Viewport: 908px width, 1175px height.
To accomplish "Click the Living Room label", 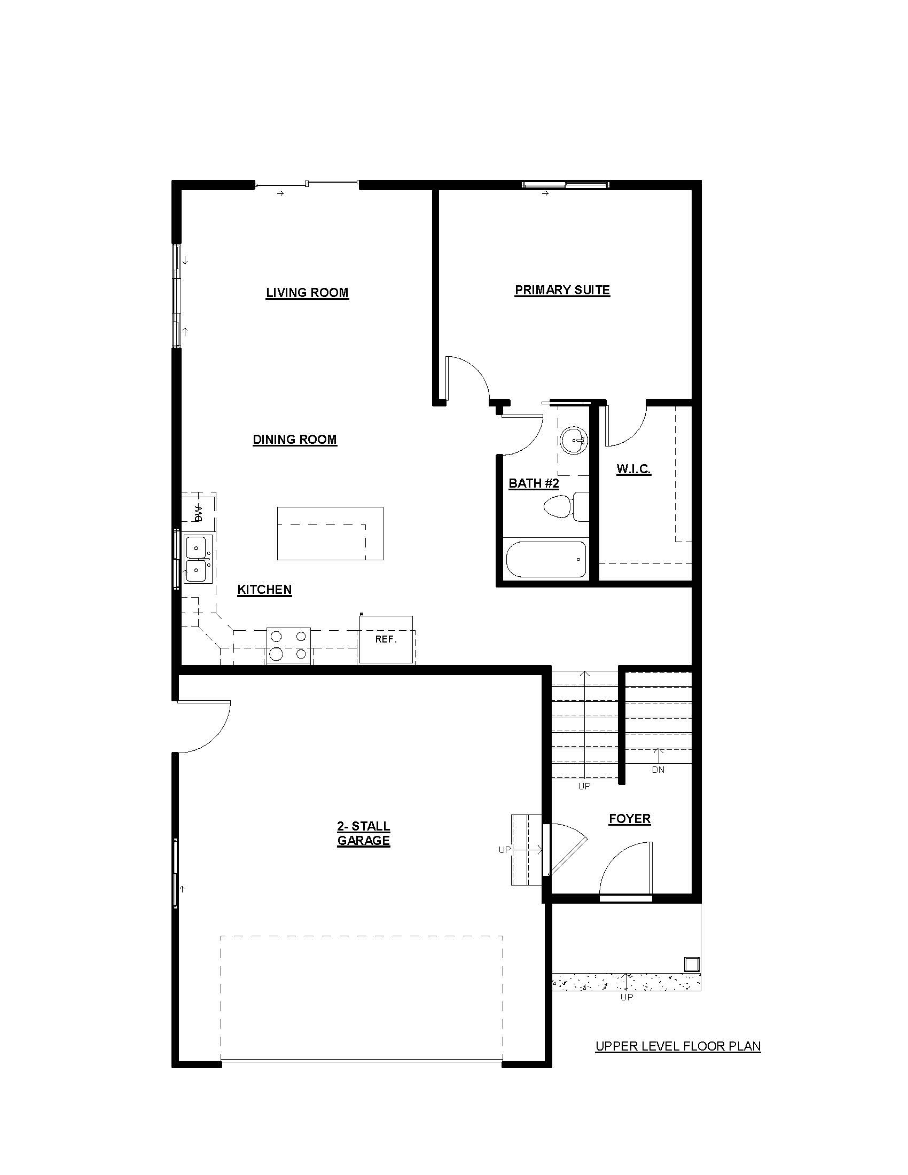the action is tap(307, 293).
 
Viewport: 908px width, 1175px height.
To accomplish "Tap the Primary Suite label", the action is tap(562, 290).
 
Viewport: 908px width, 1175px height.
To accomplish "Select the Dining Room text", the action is tap(295, 440).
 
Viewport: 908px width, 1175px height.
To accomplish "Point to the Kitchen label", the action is tap(264, 590).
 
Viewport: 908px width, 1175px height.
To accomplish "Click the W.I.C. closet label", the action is tap(633, 468).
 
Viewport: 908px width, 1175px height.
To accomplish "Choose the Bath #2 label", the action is tap(534, 483).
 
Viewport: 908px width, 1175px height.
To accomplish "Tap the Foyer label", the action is tap(630, 819).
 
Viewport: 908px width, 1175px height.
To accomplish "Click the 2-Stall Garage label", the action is tap(364, 833).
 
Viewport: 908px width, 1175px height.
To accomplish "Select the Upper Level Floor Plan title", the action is tap(678, 1046).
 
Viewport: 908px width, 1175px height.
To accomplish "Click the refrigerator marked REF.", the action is tap(386, 640).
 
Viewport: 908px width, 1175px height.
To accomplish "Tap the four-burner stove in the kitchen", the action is tap(289, 646).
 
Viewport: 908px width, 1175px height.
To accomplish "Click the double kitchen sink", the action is tap(199, 559).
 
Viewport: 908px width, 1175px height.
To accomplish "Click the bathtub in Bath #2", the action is tap(546, 560).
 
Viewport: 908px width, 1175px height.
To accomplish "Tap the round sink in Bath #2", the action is tap(574, 441).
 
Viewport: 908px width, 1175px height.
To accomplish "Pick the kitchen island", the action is tap(330, 533).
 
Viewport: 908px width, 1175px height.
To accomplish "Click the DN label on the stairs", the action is tap(659, 770).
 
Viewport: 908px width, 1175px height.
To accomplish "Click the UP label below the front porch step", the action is tap(627, 997).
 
